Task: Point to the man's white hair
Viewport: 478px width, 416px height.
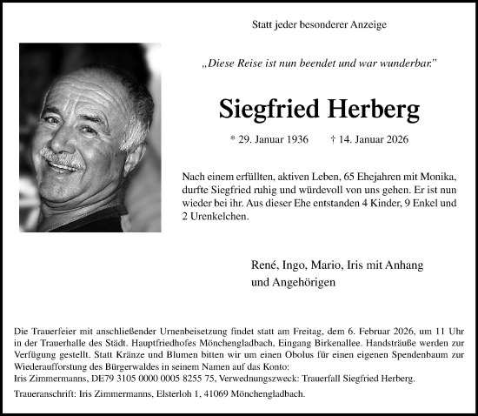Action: coord(113,87)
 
